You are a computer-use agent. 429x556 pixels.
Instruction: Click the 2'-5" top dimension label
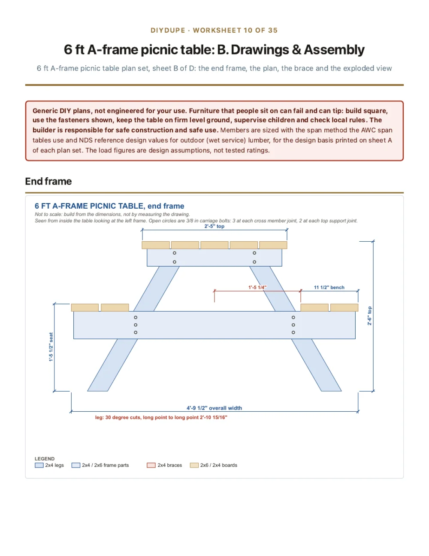coord(214,226)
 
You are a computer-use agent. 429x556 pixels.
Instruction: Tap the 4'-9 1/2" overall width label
coord(214,408)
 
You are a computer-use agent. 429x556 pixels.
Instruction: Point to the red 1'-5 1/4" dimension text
coord(257,287)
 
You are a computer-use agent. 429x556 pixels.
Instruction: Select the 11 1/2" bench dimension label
coord(329,287)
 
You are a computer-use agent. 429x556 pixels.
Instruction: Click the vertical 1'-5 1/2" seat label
coord(51,347)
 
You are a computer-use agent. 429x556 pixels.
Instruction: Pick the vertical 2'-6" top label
coord(369,316)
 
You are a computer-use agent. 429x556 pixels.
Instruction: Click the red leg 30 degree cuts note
coord(161,417)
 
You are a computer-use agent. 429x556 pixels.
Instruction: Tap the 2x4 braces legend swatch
coord(151,465)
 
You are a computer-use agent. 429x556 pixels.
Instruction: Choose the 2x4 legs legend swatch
coord(39,465)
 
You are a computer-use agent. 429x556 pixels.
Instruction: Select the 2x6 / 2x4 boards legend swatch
coord(194,465)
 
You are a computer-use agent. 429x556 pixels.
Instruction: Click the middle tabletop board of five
coord(214,245)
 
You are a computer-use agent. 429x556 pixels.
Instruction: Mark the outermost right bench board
coord(344,307)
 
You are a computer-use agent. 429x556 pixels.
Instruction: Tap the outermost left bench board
coord(85,307)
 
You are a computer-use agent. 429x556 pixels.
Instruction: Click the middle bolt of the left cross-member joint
coord(136,325)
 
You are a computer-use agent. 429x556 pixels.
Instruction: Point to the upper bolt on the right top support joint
coord(254,253)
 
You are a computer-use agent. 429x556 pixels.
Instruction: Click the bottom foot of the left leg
coord(97,391)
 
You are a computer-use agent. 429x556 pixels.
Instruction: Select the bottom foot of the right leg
coord(331,391)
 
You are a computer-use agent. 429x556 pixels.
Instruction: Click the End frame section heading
coord(48,181)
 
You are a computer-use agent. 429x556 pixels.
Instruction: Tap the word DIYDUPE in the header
coord(168,30)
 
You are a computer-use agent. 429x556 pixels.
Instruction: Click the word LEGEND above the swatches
coord(45,459)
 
